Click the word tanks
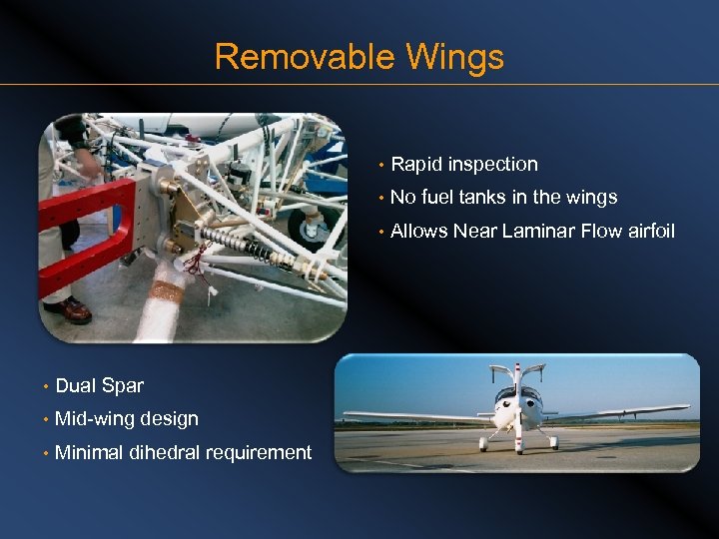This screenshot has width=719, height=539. click(487, 198)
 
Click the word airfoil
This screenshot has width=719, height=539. click(650, 232)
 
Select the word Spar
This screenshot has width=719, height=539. click(122, 386)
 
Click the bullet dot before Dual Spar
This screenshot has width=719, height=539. click(46, 387)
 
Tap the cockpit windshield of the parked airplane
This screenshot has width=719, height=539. click(516, 395)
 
